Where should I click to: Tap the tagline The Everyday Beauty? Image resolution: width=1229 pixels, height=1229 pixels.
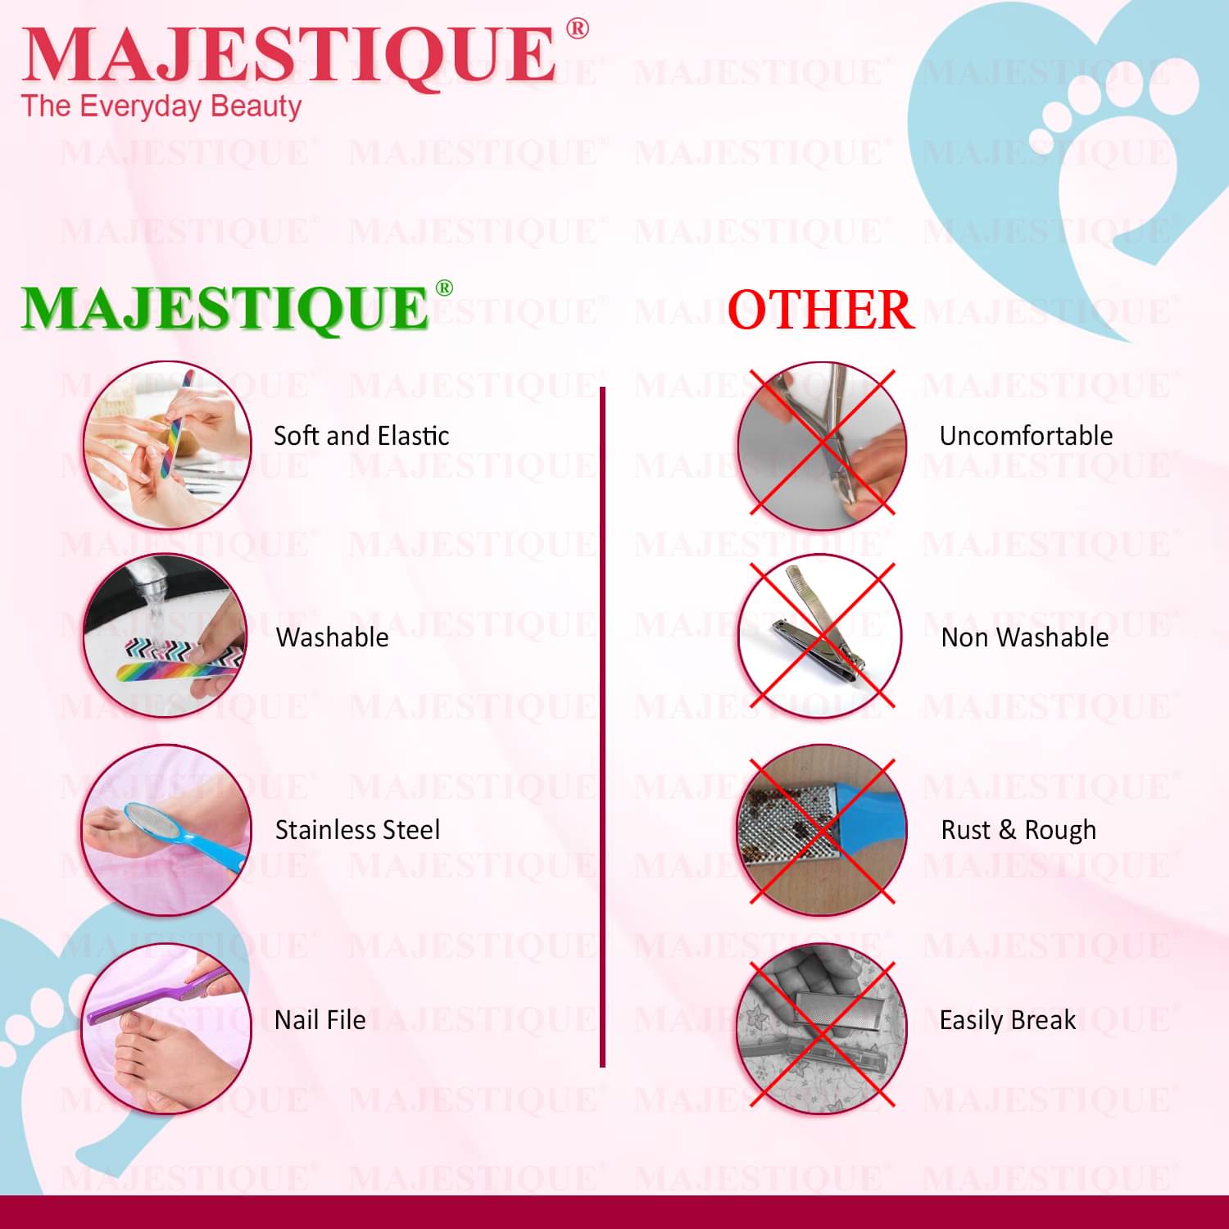[161, 107]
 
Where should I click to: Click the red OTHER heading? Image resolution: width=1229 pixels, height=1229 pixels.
[820, 310]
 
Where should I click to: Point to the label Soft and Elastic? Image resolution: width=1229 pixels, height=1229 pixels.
[361, 436]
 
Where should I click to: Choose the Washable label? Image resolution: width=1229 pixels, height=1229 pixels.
[333, 637]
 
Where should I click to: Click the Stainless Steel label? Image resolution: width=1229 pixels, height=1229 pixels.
[357, 830]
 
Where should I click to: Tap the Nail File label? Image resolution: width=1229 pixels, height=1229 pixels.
[320, 1020]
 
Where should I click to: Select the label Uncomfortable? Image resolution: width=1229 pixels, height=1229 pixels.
[1026, 436]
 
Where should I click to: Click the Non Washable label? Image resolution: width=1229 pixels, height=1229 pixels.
[1025, 637]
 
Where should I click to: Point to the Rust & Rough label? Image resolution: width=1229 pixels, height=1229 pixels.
[1018, 830]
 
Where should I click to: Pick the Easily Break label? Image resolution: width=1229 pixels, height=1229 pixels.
[1008, 1020]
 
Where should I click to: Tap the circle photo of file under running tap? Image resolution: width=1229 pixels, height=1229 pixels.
[165, 637]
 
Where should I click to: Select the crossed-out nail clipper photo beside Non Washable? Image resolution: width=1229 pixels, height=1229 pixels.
[820, 637]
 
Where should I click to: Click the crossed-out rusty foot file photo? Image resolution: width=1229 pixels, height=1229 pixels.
[822, 829]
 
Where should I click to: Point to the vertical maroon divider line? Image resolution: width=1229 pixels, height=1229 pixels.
[602, 728]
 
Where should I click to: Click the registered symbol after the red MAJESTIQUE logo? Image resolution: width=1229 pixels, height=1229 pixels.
[577, 29]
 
